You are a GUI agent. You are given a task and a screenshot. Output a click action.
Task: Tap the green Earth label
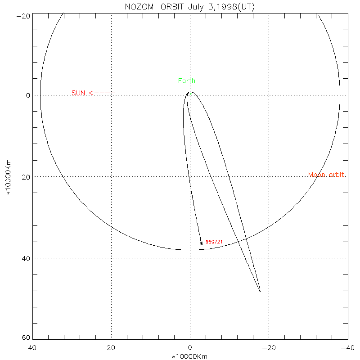coord(187,81)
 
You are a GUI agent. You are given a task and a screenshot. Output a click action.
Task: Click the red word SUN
coord(78,93)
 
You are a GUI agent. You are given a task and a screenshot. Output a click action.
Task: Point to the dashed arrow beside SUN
coord(102,93)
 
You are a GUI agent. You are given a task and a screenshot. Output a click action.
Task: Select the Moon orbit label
coord(327,175)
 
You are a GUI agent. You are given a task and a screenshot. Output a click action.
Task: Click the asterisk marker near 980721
coord(201,243)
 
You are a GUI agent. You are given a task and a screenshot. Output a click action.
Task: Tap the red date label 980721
coord(214,242)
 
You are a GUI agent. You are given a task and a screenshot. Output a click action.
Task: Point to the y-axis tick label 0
coord(28,95)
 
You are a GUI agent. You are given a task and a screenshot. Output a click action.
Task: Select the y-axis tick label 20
coord(25,177)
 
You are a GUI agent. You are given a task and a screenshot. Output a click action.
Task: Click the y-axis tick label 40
coord(25,258)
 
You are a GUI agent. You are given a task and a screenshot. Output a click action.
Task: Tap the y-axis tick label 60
coord(25,338)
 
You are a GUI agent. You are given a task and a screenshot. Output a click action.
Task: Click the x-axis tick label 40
coord(32,348)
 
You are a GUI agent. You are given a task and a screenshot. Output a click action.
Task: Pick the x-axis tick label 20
coord(111,348)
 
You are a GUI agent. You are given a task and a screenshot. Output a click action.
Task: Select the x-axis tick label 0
coord(190,348)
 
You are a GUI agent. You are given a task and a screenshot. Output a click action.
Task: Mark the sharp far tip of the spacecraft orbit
coord(260,292)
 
